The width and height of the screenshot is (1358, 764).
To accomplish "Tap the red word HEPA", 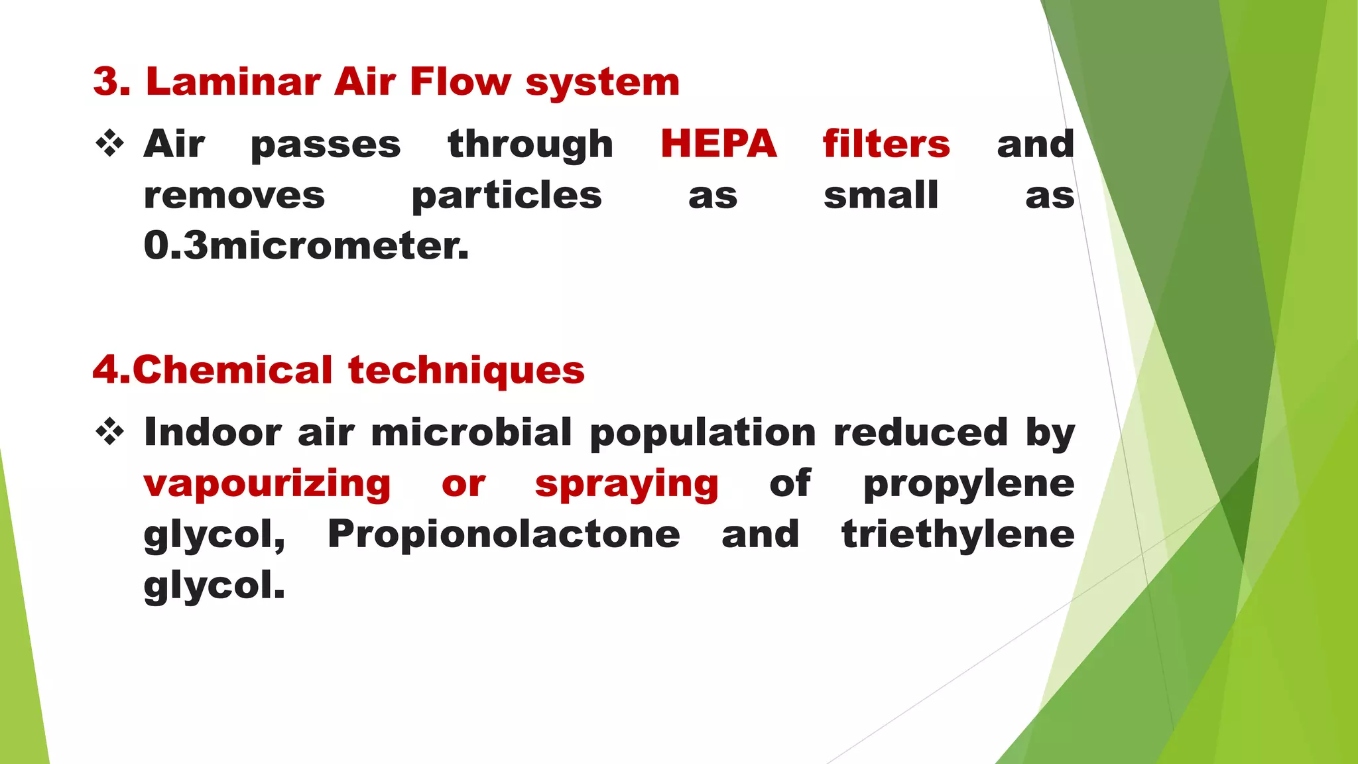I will tap(718, 144).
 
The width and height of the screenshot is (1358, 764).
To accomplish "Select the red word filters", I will tap(886, 144).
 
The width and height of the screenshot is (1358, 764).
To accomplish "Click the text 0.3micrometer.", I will tap(306, 245).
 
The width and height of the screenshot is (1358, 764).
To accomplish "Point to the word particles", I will tap(507, 196).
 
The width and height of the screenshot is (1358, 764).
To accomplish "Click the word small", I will tap(881, 196).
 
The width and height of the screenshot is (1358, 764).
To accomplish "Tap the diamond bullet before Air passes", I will tap(110, 144).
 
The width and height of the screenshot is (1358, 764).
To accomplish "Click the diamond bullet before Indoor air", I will tap(110, 432).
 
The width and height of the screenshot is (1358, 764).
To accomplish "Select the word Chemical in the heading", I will tap(232, 370).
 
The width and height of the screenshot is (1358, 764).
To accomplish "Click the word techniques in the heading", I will tap(466, 370).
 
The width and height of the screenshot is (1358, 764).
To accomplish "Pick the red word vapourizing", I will tap(267, 484).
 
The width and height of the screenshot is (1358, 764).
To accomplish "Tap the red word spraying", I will tap(627, 484).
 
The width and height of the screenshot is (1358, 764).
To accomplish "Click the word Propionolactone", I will tap(504, 535).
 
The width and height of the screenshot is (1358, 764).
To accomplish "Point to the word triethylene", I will tap(957, 535).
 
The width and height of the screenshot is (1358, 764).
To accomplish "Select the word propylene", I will tap(968, 484).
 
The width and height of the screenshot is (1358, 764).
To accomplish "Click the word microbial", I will tap(471, 432).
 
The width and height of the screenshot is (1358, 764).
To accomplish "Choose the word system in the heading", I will tap(602, 83).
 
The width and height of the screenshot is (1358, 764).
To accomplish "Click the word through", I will tap(530, 145).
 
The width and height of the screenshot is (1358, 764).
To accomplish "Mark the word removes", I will tap(234, 196).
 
